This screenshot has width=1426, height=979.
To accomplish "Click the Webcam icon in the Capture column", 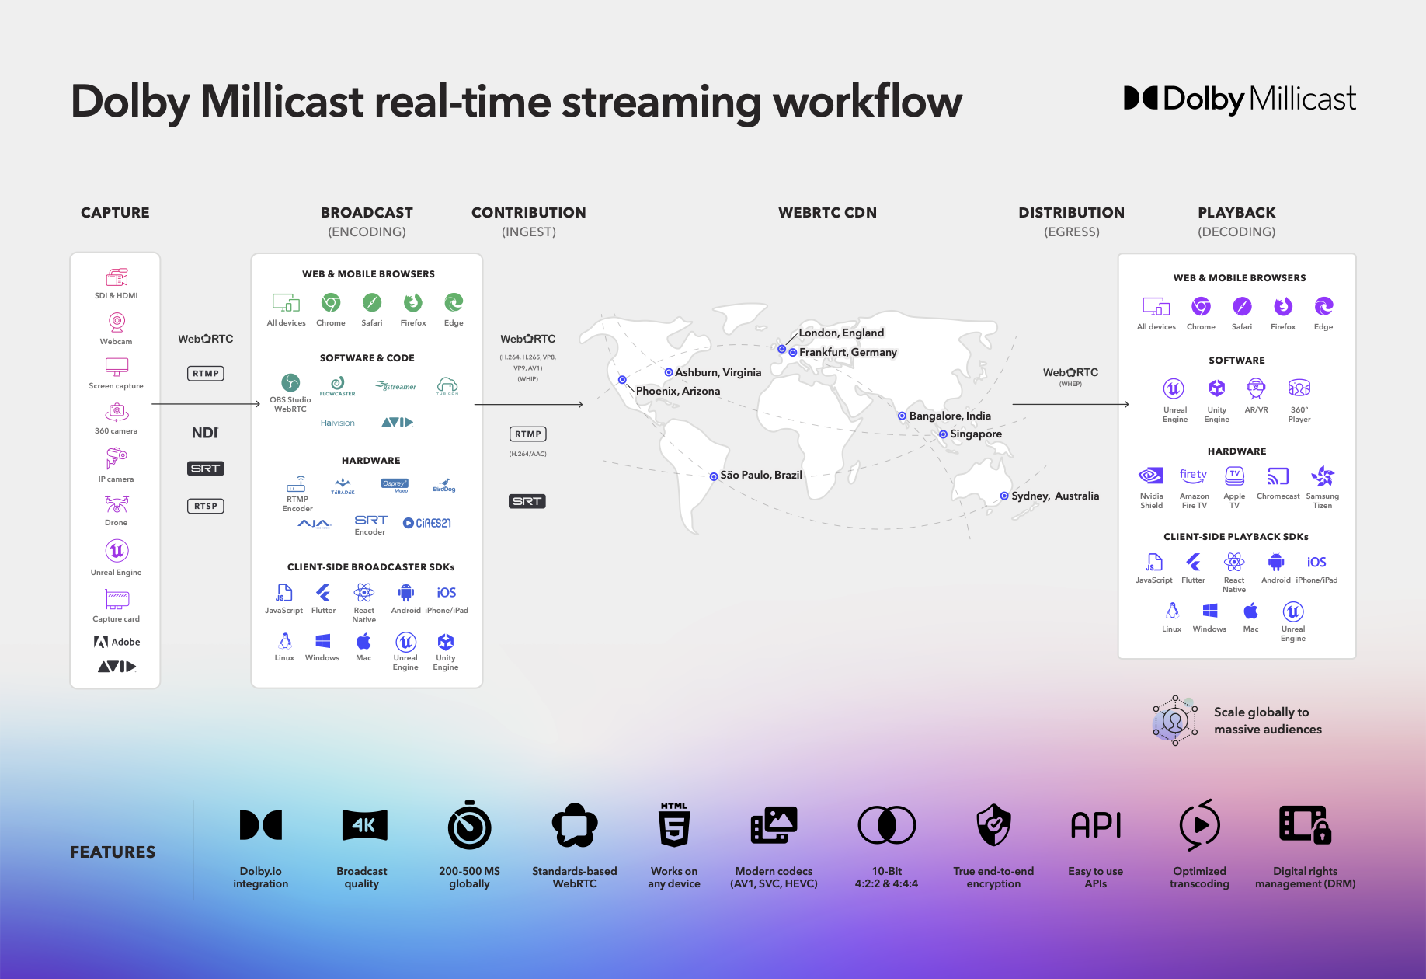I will pyautogui.click(x=117, y=322).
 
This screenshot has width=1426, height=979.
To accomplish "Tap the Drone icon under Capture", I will pyautogui.click(x=117, y=505).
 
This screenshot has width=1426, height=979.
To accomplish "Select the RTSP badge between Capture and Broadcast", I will pyautogui.click(x=206, y=506).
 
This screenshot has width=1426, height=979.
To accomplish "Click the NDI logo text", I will pyautogui.click(x=205, y=433).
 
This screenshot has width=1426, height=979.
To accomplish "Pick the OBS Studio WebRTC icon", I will pyautogui.click(x=290, y=382).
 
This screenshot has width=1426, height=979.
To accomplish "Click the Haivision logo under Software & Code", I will pyautogui.click(x=337, y=423).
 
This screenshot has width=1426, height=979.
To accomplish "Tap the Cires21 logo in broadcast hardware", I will pyautogui.click(x=426, y=523).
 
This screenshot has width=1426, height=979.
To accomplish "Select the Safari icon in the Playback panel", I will pyautogui.click(x=1242, y=306).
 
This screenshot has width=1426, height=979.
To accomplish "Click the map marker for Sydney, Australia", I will pyautogui.click(x=1004, y=496).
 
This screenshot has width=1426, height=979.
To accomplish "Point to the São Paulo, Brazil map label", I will pyautogui.click(x=760, y=475).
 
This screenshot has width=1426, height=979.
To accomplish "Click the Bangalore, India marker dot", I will pyautogui.click(x=902, y=416).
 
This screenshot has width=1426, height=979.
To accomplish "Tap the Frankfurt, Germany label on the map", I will pyautogui.click(x=847, y=352).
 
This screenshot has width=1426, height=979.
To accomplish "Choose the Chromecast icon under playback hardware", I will pyautogui.click(x=1278, y=476).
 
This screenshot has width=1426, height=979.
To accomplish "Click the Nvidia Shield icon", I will pyautogui.click(x=1151, y=476).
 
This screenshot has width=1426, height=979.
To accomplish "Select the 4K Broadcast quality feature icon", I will pyautogui.click(x=363, y=825).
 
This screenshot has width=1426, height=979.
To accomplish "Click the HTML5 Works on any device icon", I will pyautogui.click(x=673, y=825).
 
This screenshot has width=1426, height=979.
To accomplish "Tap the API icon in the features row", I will pyautogui.click(x=1096, y=825).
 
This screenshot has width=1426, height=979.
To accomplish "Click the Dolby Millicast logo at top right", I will pyautogui.click(x=1240, y=99).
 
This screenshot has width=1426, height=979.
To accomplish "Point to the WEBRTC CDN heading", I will pyautogui.click(x=827, y=213).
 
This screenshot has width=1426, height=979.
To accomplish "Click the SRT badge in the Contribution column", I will pyautogui.click(x=527, y=501).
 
